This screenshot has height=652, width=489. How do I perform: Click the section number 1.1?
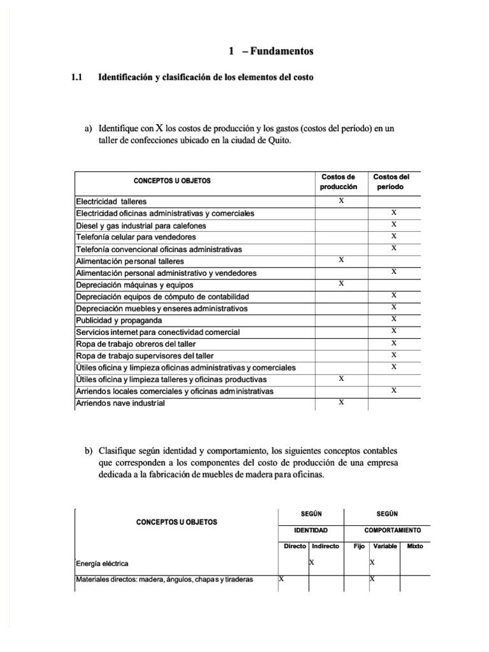[x=77, y=77]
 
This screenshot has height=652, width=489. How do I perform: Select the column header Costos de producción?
[x=338, y=181]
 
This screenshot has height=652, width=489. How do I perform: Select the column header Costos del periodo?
[x=391, y=181]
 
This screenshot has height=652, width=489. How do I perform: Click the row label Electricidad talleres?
[x=111, y=201]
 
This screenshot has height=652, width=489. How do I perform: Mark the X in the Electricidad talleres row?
[x=341, y=201]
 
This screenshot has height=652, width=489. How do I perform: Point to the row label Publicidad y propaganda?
[x=118, y=320]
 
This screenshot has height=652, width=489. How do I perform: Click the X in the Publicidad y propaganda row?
[x=393, y=319]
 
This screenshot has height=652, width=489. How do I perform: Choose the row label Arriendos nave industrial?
[x=120, y=403]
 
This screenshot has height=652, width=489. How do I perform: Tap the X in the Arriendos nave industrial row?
[x=341, y=402]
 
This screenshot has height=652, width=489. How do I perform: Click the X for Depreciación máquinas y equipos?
[x=341, y=284]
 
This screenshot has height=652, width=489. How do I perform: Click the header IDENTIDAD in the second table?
[x=310, y=530]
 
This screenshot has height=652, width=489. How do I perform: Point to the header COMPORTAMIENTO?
[x=392, y=530]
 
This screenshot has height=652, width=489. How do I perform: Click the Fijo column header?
[x=358, y=546]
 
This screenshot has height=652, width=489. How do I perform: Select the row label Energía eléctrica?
[x=101, y=563]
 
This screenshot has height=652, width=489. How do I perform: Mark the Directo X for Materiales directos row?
[x=281, y=579]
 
